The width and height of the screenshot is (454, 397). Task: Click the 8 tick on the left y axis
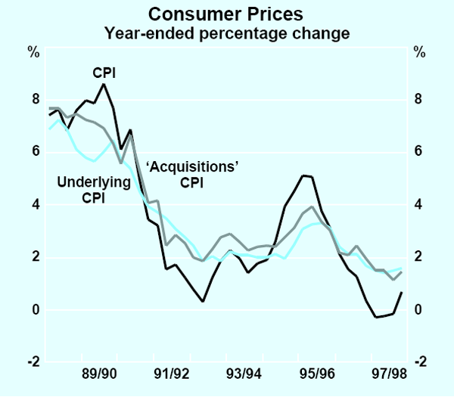[x=34, y=100]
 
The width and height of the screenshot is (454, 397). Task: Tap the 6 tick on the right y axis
[x=418, y=153]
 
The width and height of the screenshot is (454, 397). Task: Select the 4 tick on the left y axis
[x=34, y=205]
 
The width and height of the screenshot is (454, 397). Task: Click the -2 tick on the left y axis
[x=32, y=363]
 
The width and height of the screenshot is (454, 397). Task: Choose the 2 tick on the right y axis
[x=418, y=258]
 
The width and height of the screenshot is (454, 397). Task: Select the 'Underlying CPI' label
[x=84, y=190]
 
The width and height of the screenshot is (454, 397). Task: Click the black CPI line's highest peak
[x=104, y=84]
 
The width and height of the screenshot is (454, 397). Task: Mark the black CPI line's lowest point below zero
[x=377, y=318]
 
